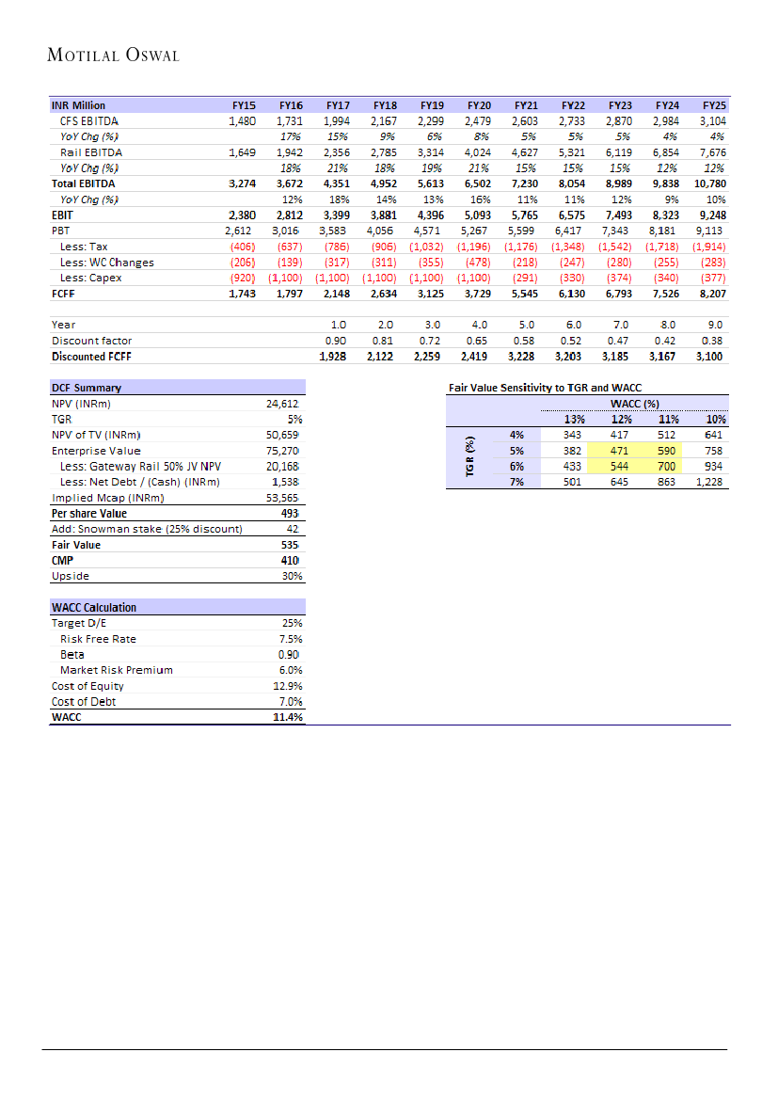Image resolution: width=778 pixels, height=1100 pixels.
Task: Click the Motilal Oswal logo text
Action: (113, 56)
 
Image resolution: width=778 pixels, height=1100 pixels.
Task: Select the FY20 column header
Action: (479, 105)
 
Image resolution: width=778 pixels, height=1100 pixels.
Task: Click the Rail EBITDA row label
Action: (90, 152)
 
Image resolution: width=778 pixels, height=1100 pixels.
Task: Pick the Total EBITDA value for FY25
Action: (710, 183)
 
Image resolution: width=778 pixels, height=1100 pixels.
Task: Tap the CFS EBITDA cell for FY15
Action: (242, 121)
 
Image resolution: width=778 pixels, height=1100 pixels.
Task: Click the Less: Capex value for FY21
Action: (525, 278)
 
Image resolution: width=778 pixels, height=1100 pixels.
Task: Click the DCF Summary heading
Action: (86, 388)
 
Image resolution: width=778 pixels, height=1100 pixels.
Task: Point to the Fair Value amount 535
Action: (290, 545)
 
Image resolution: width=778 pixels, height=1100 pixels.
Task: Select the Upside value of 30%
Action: (292, 576)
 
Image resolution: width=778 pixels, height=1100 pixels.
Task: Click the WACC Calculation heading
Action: (93, 608)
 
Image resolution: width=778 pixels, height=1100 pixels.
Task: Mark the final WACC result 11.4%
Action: (287, 717)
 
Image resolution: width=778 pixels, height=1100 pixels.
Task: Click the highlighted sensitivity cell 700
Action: (666, 466)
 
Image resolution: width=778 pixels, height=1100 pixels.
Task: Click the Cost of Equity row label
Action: (87, 686)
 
